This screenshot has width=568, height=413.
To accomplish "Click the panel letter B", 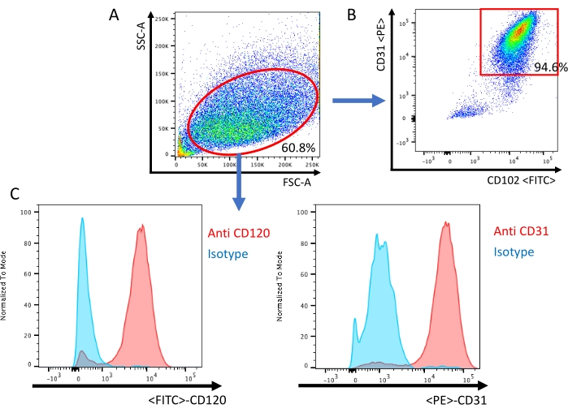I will click(x=352, y=14).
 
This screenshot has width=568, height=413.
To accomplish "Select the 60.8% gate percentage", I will click(x=297, y=148).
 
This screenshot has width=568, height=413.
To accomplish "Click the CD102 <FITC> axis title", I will click(x=520, y=180).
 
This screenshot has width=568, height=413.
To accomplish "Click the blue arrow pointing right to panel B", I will click(x=357, y=101).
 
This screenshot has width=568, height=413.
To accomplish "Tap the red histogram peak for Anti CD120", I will click(x=141, y=230).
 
